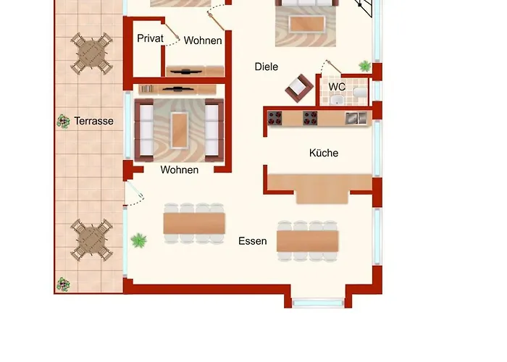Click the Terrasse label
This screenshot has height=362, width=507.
93,121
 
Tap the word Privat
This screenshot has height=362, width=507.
150,38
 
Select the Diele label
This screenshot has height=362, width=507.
267,67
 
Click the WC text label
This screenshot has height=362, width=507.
337,87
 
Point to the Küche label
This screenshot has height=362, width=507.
324,153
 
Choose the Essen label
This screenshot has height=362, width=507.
253,241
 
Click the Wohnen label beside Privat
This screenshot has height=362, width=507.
203,41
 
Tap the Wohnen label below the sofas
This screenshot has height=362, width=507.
180,170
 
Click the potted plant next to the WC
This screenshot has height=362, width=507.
365,67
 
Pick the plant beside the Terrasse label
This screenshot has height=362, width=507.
63,121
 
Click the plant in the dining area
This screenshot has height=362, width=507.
138,239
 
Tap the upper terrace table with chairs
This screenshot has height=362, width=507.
92,53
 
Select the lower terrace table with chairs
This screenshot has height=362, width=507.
92,240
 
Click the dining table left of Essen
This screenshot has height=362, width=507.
194,223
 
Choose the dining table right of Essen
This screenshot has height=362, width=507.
308,240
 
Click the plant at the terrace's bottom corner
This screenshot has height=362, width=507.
64,284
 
